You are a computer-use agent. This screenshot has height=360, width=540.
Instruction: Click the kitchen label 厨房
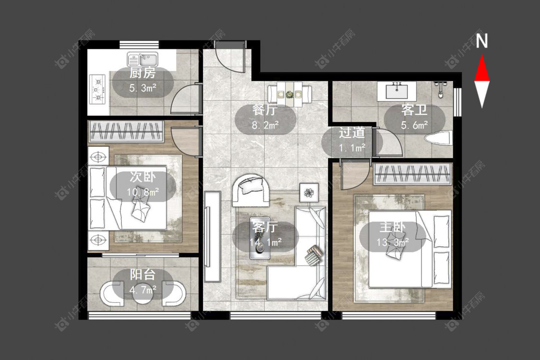pyautogui.click(x=143, y=73)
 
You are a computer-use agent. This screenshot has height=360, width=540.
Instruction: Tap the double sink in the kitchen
pyautogui.click(x=143, y=59)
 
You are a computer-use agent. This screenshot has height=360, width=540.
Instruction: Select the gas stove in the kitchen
pyautogui.click(x=97, y=89)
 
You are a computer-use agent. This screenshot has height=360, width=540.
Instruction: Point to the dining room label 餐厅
pyautogui.click(x=265, y=110)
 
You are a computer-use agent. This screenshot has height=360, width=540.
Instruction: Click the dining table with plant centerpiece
pyautogui.click(x=289, y=93)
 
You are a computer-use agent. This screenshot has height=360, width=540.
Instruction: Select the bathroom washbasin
pyautogui.click(x=396, y=91)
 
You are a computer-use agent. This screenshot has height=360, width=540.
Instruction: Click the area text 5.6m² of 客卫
pyautogui.click(x=414, y=125)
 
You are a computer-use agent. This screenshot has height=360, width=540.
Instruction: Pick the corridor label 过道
pyautogui.click(x=352, y=133)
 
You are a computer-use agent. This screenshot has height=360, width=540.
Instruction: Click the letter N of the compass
pyautogui.click(x=482, y=41)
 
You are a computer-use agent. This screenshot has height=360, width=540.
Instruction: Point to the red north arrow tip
pyautogui.click(x=482, y=55)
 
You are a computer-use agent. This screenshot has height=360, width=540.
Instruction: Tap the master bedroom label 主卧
pyautogui.click(x=393, y=228)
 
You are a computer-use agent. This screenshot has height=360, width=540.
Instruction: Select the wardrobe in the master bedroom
pyautogui.click(x=412, y=173)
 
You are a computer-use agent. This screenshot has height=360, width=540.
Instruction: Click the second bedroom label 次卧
pyautogui.click(x=143, y=177)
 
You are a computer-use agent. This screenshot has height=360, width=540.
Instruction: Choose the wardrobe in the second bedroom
pyautogui.click(x=126, y=131)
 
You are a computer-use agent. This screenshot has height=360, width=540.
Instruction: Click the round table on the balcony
pyautogui.click(x=143, y=293)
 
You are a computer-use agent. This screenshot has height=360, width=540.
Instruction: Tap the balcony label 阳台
pyautogui.click(x=143, y=275)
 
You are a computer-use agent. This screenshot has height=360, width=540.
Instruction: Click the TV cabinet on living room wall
pyautogui.click(x=212, y=237)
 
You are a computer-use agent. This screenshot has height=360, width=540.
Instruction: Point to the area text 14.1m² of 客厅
pyautogui.click(x=265, y=242)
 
